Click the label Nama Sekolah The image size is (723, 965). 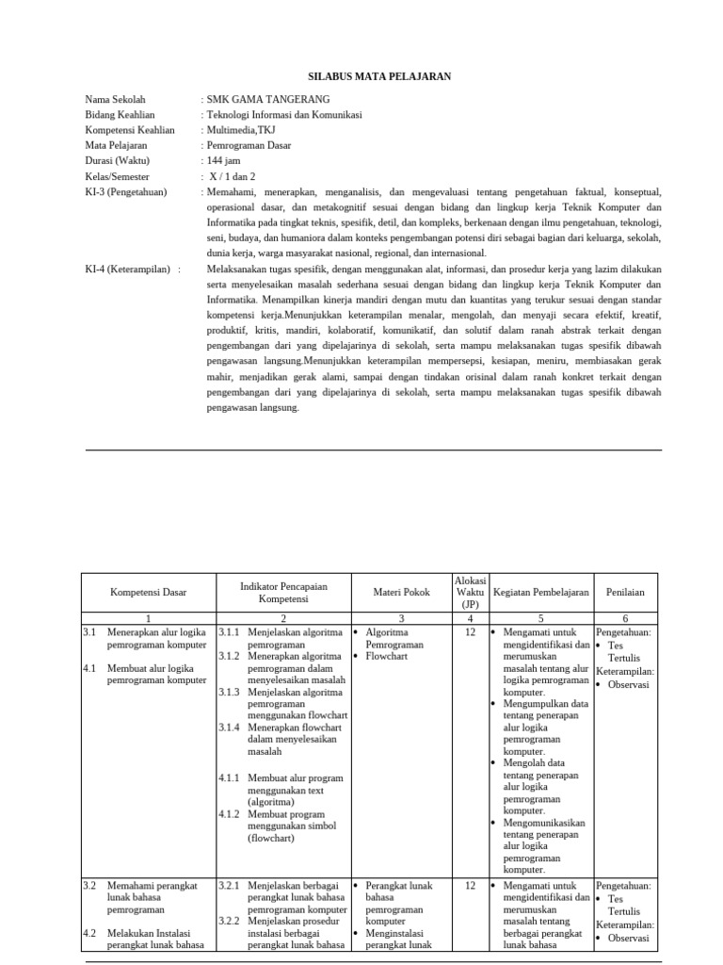(116, 99)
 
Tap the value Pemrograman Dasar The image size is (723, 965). (249, 145)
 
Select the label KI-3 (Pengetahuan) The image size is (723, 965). (125, 191)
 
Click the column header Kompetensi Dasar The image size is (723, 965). (149, 593)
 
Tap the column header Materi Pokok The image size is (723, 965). (401, 593)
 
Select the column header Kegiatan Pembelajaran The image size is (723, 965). (541, 593)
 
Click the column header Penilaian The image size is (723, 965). (625, 593)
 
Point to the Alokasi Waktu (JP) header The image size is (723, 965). (470, 592)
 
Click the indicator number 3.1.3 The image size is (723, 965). (229, 691)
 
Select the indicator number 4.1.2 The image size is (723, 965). (229, 813)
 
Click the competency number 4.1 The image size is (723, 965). (89, 667)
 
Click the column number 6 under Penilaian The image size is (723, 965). (625, 617)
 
